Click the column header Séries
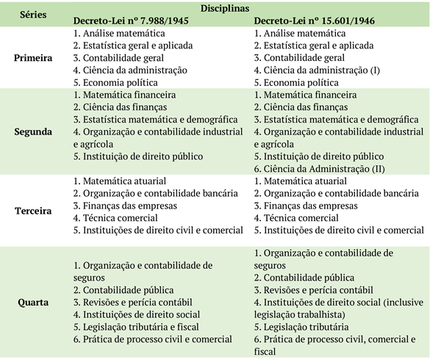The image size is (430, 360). [x=32, y=15]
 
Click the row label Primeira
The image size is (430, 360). [x=32, y=58]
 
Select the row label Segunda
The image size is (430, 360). [x=32, y=131]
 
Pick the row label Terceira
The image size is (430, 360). [x=32, y=210]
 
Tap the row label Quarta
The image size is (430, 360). [x=32, y=302]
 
